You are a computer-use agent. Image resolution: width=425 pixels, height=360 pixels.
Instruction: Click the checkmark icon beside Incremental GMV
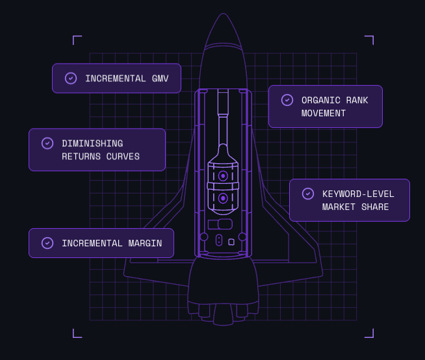[x=71, y=78]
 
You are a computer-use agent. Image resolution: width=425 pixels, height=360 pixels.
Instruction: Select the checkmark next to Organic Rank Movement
[x=287, y=99]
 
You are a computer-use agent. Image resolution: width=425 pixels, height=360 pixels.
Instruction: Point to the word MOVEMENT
[x=324, y=113]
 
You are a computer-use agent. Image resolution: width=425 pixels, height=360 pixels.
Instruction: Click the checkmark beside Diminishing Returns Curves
[x=47, y=143]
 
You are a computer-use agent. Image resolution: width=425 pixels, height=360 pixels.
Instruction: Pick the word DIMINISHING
[x=92, y=144]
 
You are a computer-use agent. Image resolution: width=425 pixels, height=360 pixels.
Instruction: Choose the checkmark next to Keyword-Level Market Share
[x=308, y=193]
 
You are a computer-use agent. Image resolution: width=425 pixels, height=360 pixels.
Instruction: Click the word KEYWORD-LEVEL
[x=358, y=194]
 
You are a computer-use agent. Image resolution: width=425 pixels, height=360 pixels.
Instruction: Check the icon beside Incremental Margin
[x=47, y=242]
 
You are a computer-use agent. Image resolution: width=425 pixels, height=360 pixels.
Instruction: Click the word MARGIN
[x=143, y=243]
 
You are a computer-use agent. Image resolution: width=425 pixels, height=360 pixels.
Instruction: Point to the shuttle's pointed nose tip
[x=223, y=14]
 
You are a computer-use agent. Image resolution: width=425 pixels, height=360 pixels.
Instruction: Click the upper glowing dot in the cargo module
[x=223, y=176]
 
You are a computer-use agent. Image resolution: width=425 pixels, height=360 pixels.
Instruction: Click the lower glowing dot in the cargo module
[x=223, y=198]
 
